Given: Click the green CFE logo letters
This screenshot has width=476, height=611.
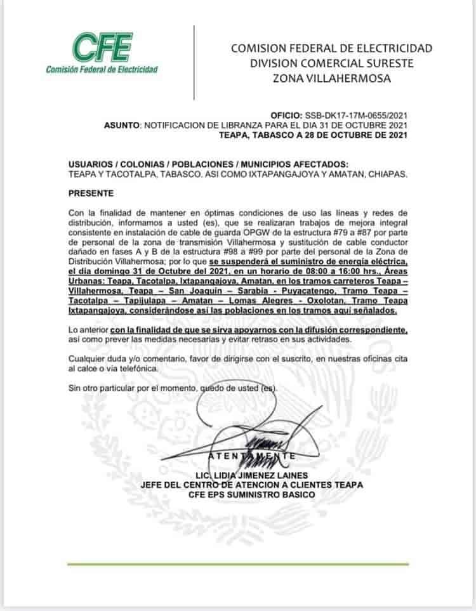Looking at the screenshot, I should click(102, 46).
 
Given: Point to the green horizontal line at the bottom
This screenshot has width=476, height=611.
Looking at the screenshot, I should click(238, 564).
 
